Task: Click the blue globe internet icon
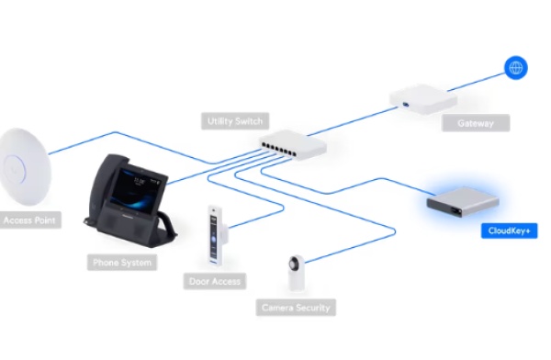point(516,68)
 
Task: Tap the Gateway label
point(476,123)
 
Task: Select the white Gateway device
point(423,99)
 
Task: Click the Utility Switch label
point(235,121)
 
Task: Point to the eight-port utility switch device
point(293,144)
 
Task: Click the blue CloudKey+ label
point(509,231)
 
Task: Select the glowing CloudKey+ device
point(463,201)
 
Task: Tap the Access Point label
point(29,220)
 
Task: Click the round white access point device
point(25,166)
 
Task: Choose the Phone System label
point(122,263)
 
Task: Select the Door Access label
point(215,281)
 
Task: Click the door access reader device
point(216,234)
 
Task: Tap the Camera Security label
point(296,308)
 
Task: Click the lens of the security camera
point(294,264)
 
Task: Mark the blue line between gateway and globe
point(476,83)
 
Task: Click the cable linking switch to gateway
point(353,121)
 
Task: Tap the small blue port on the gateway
point(406,104)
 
